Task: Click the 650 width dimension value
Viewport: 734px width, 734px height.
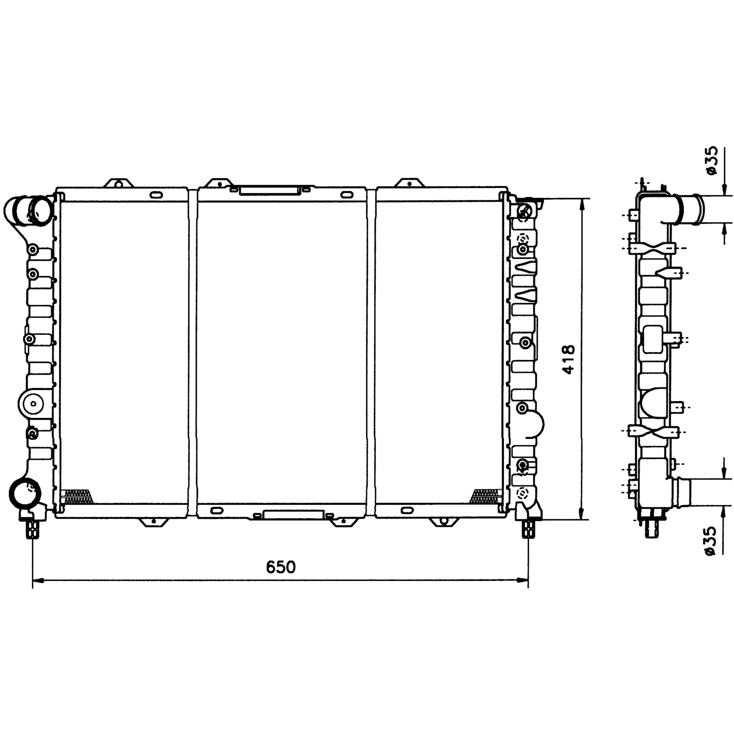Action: (x=281, y=567)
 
